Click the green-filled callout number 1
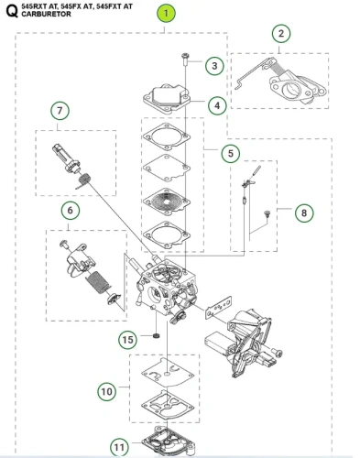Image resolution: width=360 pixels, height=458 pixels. (x=166, y=14)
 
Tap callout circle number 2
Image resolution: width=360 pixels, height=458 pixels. (x=281, y=34)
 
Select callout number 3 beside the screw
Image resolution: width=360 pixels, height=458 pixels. (x=214, y=66)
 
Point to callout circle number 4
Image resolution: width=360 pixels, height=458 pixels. (x=217, y=105)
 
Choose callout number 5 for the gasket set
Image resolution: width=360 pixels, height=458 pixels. (x=231, y=153)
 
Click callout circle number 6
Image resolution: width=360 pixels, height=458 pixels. (x=71, y=211)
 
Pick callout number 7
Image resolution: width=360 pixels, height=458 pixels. (x=60, y=111)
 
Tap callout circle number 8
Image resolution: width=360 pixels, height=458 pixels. (x=304, y=213)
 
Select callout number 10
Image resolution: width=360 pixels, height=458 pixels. (x=107, y=391)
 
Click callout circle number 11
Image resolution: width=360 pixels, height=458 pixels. (x=119, y=447)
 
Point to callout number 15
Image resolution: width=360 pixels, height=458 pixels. (x=127, y=340)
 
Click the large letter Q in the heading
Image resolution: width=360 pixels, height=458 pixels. (x=12, y=11)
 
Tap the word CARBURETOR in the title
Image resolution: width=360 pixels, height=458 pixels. (x=46, y=14)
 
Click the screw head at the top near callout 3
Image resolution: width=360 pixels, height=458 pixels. (x=185, y=55)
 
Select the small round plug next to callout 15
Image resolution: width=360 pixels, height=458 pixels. (x=156, y=336)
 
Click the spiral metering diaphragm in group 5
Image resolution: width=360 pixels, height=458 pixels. (x=167, y=201)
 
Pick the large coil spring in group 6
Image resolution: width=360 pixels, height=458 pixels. (x=97, y=281)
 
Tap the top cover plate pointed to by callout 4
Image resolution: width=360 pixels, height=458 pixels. (x=167, y=99)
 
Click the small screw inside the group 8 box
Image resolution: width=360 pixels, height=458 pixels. (x=267, y=213)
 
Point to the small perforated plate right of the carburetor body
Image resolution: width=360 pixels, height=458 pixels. (x=218, y=307)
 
